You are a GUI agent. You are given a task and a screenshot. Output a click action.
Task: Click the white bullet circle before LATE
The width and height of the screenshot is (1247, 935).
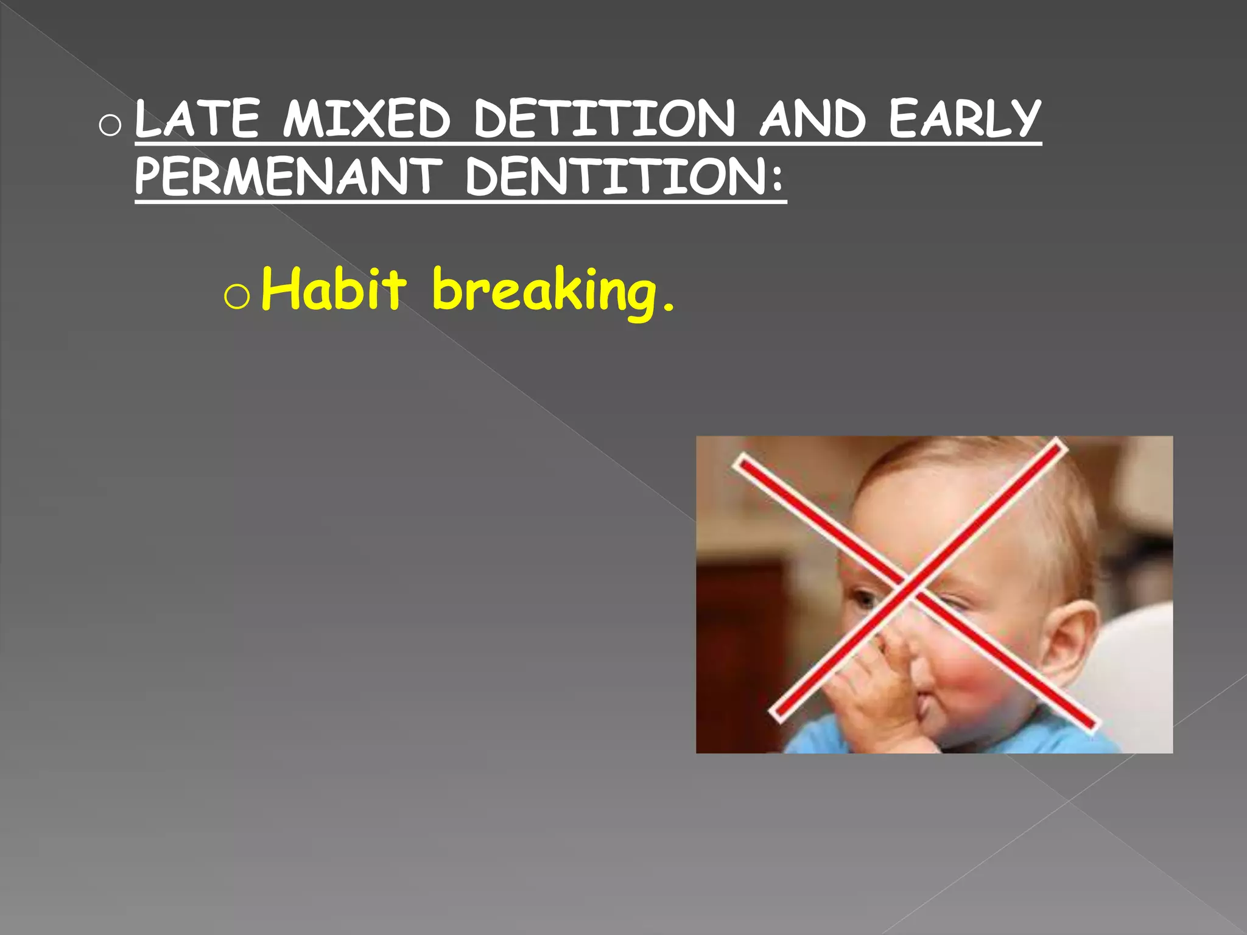tap(110, 125)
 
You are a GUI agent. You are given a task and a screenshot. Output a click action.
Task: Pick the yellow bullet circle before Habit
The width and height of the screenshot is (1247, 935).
tap(236, 297)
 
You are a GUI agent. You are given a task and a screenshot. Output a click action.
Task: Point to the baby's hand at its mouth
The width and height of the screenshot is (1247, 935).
tap(877, 688)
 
